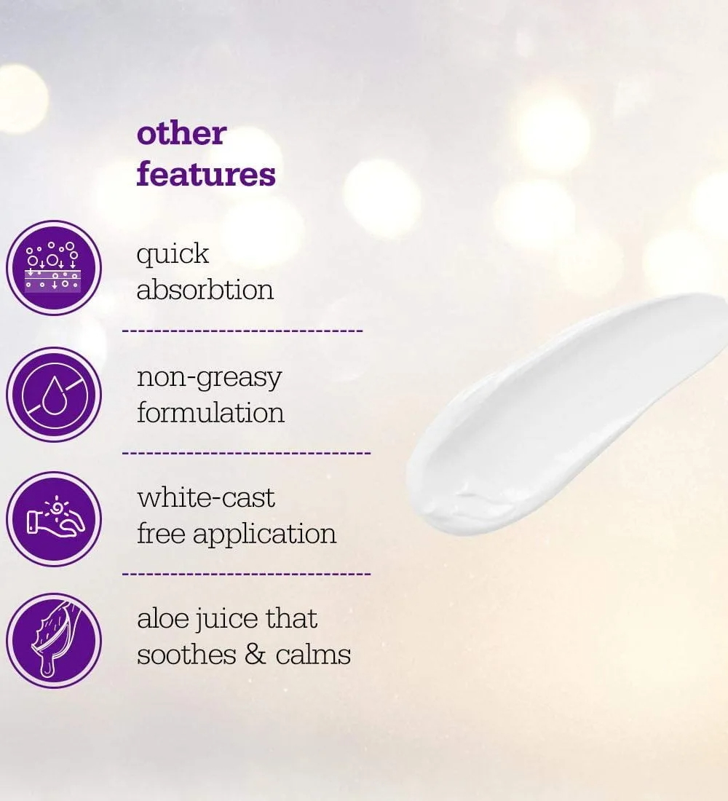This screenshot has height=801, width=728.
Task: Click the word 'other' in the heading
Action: (181, 134)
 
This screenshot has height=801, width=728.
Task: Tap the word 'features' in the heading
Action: (206, 173)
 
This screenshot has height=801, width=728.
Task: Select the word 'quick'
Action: (173, 255)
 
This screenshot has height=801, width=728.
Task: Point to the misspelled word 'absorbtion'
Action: (205, 289)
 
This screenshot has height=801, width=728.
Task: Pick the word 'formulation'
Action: (210, 411)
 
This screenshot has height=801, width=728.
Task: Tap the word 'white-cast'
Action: (206, 497)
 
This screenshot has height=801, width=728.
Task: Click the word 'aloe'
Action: (162, 618)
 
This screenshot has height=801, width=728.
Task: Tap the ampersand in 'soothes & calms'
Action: (256, 655)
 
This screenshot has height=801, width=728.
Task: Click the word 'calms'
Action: (312, 654)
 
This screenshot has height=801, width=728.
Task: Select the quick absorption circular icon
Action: (54, 268)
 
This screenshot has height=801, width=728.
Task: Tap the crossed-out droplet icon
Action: (54, 395)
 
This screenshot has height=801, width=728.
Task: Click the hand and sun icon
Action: (54, 519)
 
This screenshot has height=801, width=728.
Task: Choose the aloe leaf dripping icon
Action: (54, 641)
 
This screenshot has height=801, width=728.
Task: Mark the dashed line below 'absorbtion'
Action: (242, 331)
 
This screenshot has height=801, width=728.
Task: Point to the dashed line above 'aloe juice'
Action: (246, 575)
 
